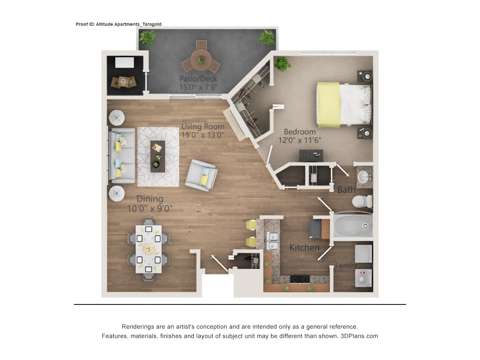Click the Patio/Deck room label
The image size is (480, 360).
[198, 79]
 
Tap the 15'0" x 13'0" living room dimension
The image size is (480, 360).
[202, 135]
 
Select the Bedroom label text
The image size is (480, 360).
[300, 132]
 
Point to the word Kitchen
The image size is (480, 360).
[304, 247]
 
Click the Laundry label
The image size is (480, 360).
[346, 265]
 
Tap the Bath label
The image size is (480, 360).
[346, 190]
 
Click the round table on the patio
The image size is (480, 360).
[201, 60]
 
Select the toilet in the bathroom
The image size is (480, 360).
[361, 201]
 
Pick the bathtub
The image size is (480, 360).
[352, 225]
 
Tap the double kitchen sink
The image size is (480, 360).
[273, 241]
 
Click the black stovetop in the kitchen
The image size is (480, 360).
[300, 279]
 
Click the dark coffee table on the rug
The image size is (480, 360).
[157, 156]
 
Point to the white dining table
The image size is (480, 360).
[148, 249]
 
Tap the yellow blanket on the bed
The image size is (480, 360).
[328, 105]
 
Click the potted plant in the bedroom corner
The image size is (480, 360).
[282, 64]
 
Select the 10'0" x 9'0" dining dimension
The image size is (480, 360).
[150, 208]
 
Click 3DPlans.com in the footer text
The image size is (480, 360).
[359, 336]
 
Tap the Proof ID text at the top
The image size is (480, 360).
[118, 24]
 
